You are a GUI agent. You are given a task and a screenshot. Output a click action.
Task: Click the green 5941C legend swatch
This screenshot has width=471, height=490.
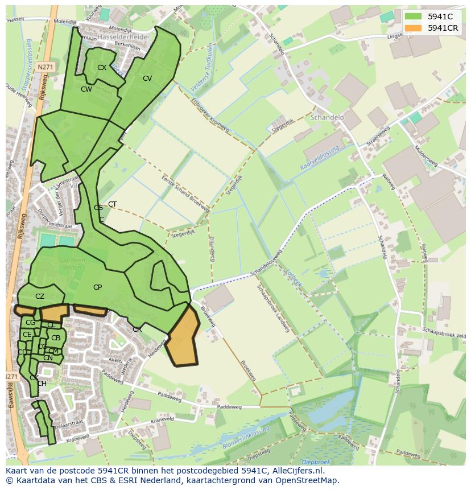[414, 17]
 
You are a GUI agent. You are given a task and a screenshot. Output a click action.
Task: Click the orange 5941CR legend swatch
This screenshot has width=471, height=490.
[414, 28]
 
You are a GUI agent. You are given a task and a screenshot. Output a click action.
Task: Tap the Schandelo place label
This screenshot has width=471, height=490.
[328, 117]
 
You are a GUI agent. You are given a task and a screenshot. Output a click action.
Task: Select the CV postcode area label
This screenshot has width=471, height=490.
[147, 79]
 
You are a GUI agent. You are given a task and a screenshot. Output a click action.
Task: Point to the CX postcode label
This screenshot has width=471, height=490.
[102, 67]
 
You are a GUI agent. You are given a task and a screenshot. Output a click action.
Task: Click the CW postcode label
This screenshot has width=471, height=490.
[86, 89]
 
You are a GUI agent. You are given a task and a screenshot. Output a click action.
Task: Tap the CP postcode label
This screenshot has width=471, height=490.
[97, 287]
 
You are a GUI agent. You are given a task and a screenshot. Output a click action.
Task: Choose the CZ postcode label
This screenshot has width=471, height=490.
[40, 297]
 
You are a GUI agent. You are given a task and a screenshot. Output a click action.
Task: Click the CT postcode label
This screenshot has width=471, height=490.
[113, 204]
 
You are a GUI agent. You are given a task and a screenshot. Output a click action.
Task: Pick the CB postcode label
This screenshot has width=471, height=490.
[56, 338]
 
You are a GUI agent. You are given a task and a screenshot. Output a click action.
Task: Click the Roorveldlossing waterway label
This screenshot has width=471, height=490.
[320, 158]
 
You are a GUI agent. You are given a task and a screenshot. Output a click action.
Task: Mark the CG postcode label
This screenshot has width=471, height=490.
[30, 323]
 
